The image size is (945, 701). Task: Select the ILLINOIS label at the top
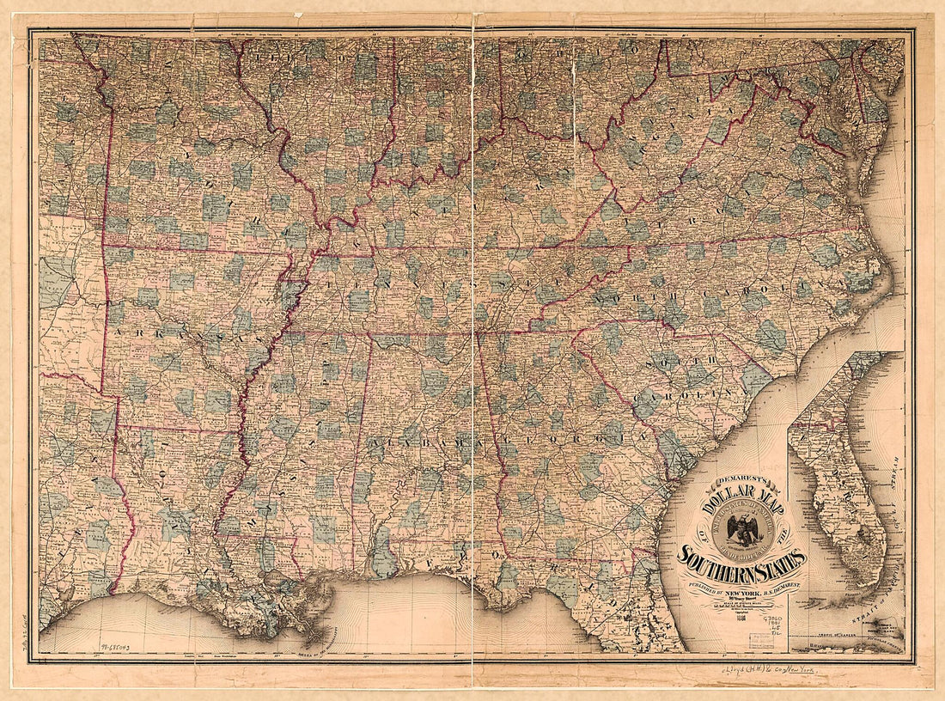pos(296,58)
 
